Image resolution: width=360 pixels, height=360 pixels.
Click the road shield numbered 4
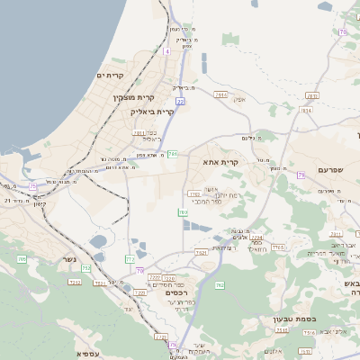[x=166, y=51]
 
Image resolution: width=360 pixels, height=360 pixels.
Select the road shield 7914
[x=221, y=94]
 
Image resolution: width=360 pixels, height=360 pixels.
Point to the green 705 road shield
[x=22, y=259]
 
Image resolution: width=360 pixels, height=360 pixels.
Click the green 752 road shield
[x=86, y=268]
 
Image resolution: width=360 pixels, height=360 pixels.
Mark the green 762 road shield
[x=219, y=285]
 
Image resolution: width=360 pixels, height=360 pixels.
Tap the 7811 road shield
[x=139, y=132]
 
